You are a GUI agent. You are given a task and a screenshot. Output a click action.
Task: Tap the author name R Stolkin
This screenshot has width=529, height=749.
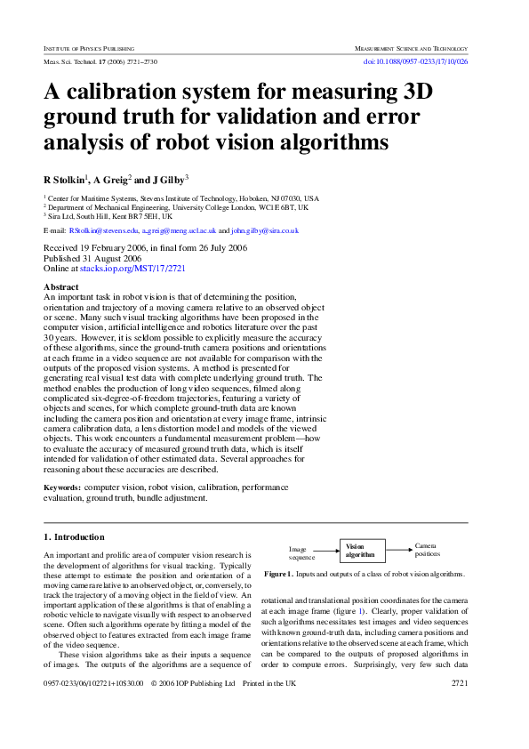click(67, 179)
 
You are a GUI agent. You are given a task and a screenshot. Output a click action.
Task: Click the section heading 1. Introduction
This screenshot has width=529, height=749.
click(74, 537)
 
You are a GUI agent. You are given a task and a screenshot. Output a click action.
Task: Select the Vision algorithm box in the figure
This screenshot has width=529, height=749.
click(360, 551)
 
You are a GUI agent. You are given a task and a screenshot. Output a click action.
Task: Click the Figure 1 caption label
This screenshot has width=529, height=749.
click(281, 575)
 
